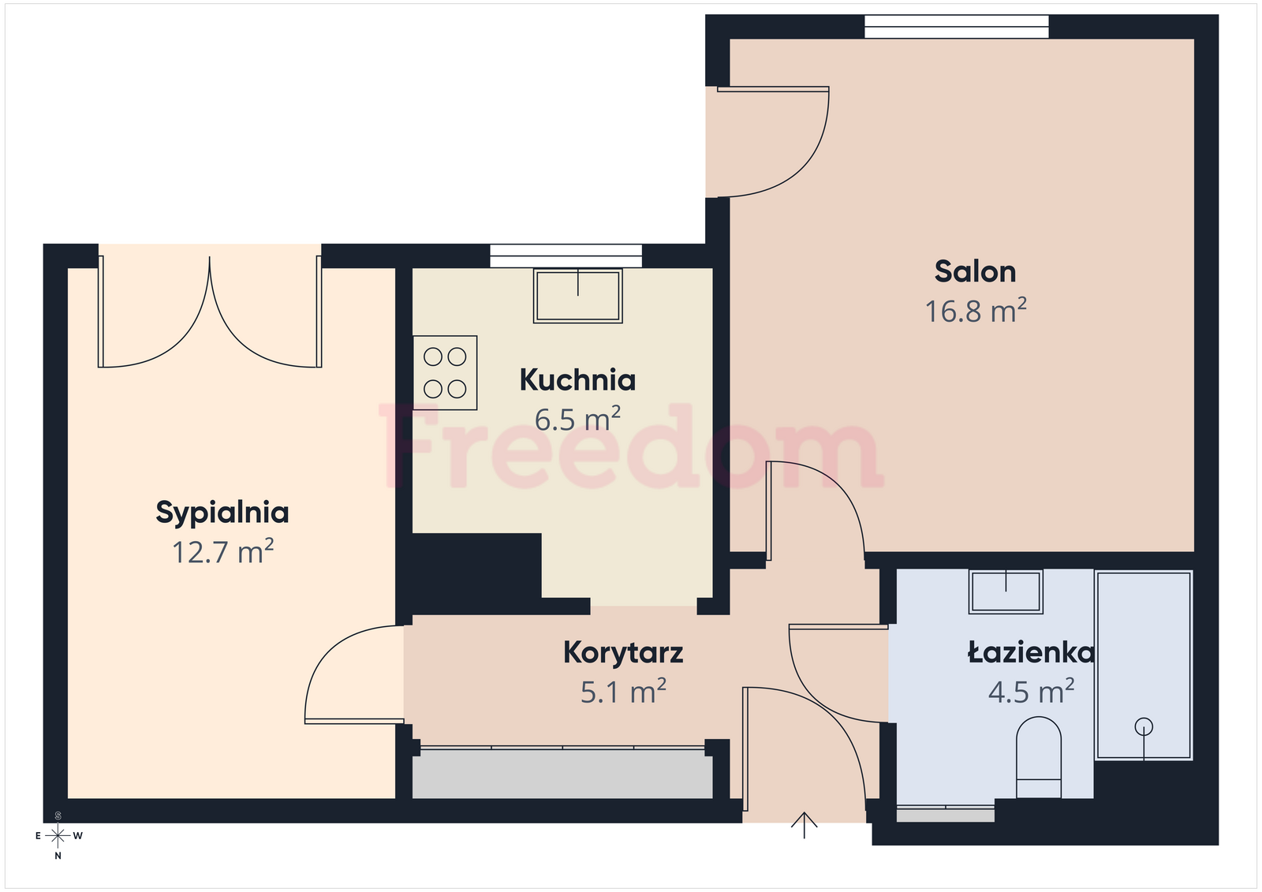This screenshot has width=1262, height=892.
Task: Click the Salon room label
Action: (x=975, y=271)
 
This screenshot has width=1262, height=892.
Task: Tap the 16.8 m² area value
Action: (x=975, y=311)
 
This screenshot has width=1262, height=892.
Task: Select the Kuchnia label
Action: (x=577, y=380)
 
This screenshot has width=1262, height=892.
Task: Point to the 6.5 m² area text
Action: (x=577, y=419)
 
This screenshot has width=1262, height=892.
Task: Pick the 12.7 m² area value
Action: (x=222, y=551)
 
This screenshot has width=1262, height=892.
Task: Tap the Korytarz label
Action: (x=623, y=654)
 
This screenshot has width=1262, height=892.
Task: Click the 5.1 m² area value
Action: (x=623, y=692)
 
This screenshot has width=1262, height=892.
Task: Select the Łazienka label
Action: (x=1031, y=652)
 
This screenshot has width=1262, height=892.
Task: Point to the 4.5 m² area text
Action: (x=1031, y=692)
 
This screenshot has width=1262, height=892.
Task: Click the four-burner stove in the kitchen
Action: (x=445, y=373)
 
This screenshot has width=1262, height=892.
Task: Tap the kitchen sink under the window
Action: (x=578, y=296)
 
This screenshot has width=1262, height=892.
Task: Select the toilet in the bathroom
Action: (x=1038, y=757)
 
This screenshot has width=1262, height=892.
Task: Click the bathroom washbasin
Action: (x=1006, y=592)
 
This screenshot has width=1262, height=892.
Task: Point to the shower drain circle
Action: (x=1144, y=726)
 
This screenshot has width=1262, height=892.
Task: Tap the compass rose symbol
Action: (x=58, y=836)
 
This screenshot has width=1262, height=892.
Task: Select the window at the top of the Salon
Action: (x=957, y=27)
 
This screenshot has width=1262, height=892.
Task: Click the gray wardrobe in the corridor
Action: (x=562, y=773)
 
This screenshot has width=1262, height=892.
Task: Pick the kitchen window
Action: (x=566, y=256)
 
